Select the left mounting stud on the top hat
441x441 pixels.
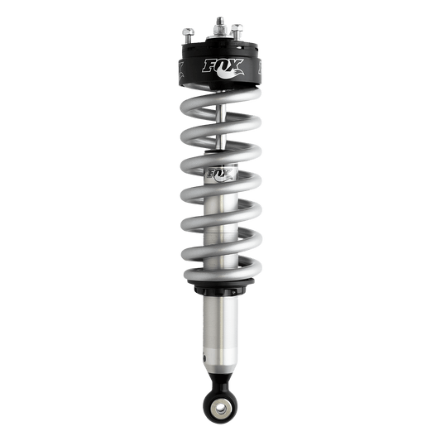[189, 34]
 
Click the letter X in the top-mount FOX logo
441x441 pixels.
[233, 66]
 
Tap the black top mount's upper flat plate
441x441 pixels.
[219, 46]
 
